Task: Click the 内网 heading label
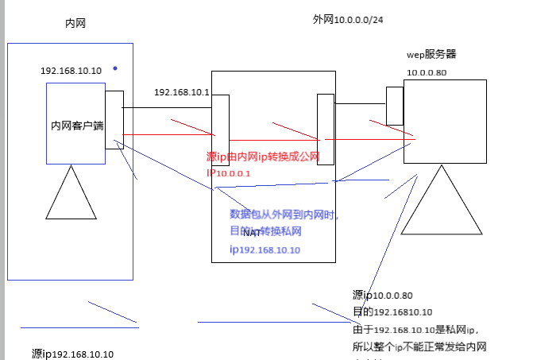(75, 24)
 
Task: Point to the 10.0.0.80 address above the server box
(427, 73)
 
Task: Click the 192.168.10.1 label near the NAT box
(181, 91)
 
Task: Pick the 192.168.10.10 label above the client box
(71, 71)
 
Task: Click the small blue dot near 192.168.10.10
(114, 68)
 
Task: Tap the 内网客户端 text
(76, 126)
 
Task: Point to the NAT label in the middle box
(252, 233)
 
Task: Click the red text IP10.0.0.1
(229, 172)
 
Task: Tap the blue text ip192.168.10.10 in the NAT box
(265, 250)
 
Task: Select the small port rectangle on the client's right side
(114, 119)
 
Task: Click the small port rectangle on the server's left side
(395, 106)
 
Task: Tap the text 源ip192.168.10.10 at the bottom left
(73, 354)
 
